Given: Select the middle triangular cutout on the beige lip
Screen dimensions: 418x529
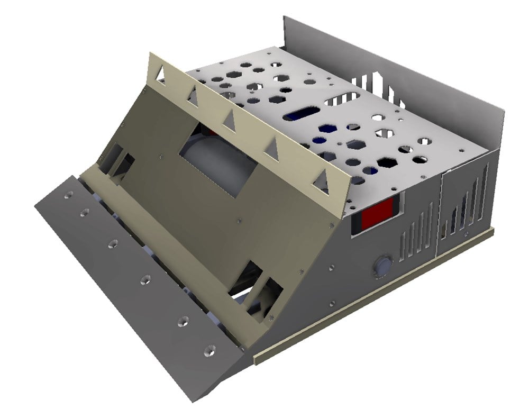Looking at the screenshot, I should click(231, 123).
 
